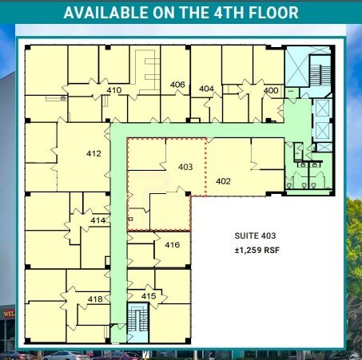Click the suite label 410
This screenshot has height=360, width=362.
[113, 90]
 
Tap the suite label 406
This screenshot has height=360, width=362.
[177, 85]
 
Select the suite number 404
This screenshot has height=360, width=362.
[206, 89]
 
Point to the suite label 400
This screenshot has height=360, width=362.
[271, 90]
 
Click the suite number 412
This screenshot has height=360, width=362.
[93, 152]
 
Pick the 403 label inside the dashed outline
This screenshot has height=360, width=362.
[185, 167]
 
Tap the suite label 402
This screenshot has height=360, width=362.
[224, 181]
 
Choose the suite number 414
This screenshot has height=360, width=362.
[97, 220]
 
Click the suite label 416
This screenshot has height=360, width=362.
[172, 245]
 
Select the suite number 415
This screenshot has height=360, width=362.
[148, 296]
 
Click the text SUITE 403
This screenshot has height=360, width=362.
[255, 235]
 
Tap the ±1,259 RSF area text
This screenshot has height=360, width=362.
[255, 250]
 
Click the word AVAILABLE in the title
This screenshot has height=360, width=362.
[104, 13]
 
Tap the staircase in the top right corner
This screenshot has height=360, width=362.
[314, 74]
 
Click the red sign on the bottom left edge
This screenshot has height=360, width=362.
[6, 314]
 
